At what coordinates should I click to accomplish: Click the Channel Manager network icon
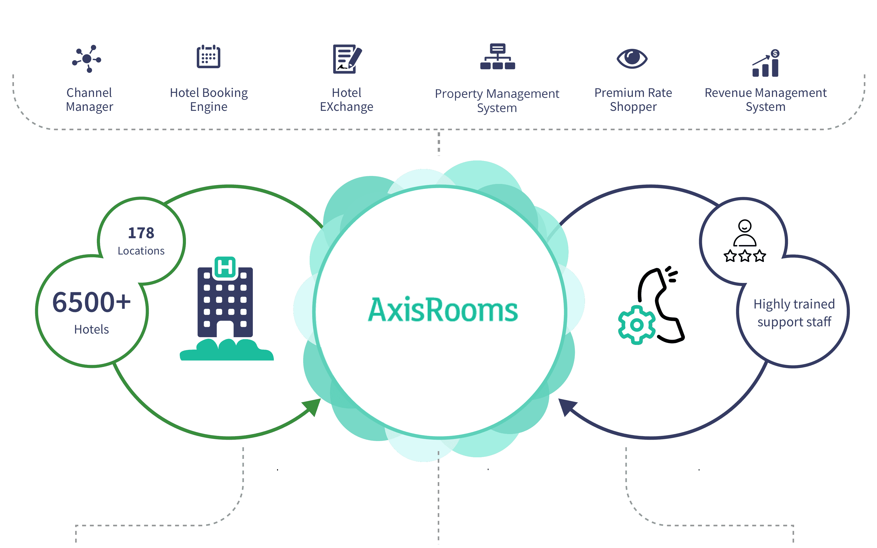pos(87,59)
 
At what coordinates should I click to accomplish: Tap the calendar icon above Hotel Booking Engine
pos(208,57)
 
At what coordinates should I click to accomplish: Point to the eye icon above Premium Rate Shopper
pos(632,58)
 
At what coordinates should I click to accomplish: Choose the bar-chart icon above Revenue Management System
pos(766,63)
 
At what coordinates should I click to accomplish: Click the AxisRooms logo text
pos(443,310)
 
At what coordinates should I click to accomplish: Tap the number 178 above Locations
pos(141,233)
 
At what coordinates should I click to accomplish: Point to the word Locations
pos(141,251)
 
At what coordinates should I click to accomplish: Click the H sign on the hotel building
pos(225,267)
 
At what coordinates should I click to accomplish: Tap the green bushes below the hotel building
pos(227,350)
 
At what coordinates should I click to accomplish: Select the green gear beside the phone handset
pos(637,325)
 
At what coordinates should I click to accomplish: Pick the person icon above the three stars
pos(745,233)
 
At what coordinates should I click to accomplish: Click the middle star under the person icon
pos(745,256)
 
